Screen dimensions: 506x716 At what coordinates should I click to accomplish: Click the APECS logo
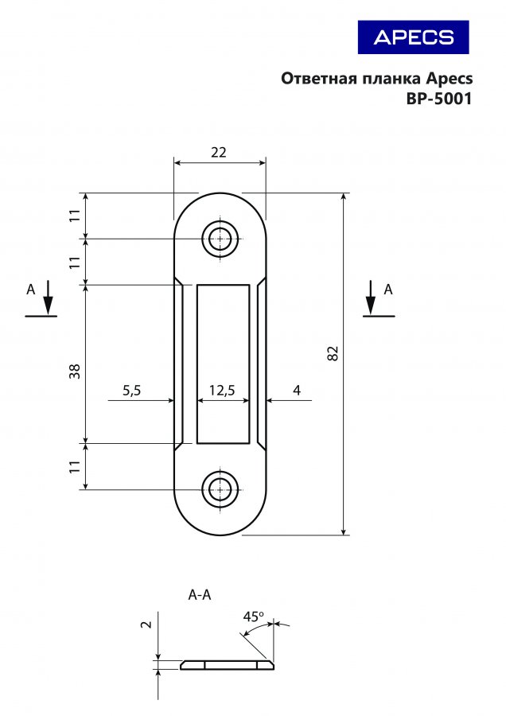(413, 37)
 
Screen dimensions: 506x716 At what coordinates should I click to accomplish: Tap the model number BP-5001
(439, 99)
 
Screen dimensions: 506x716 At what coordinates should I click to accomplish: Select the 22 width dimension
(219, 152)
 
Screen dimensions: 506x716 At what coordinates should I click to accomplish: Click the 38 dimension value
(75, 371)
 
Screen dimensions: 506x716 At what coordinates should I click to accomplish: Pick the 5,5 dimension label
(131, 391)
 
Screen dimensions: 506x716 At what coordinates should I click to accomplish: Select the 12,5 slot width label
(222, 391)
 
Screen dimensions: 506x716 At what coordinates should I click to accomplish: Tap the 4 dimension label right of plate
(297, 391)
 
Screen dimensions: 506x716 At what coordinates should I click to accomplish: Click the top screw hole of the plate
(220, 239)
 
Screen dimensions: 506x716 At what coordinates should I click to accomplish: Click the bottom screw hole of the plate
(220, 489)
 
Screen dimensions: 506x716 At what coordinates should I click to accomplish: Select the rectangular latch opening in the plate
(224, 364)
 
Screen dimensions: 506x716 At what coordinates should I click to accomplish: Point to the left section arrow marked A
(48, 298)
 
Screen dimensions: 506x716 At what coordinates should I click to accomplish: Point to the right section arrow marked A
(371, 298)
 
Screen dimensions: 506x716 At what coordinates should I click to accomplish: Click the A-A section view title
(200, 595)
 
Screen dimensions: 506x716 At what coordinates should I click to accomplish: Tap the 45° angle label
(254, 617)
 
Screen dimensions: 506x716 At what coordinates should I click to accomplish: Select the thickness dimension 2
(146, 624)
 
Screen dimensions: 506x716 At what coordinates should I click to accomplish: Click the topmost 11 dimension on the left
(75, 216)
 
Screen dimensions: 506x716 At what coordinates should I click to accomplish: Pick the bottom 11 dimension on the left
(75, 467)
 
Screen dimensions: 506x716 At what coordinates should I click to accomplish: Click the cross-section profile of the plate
(228, 665)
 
